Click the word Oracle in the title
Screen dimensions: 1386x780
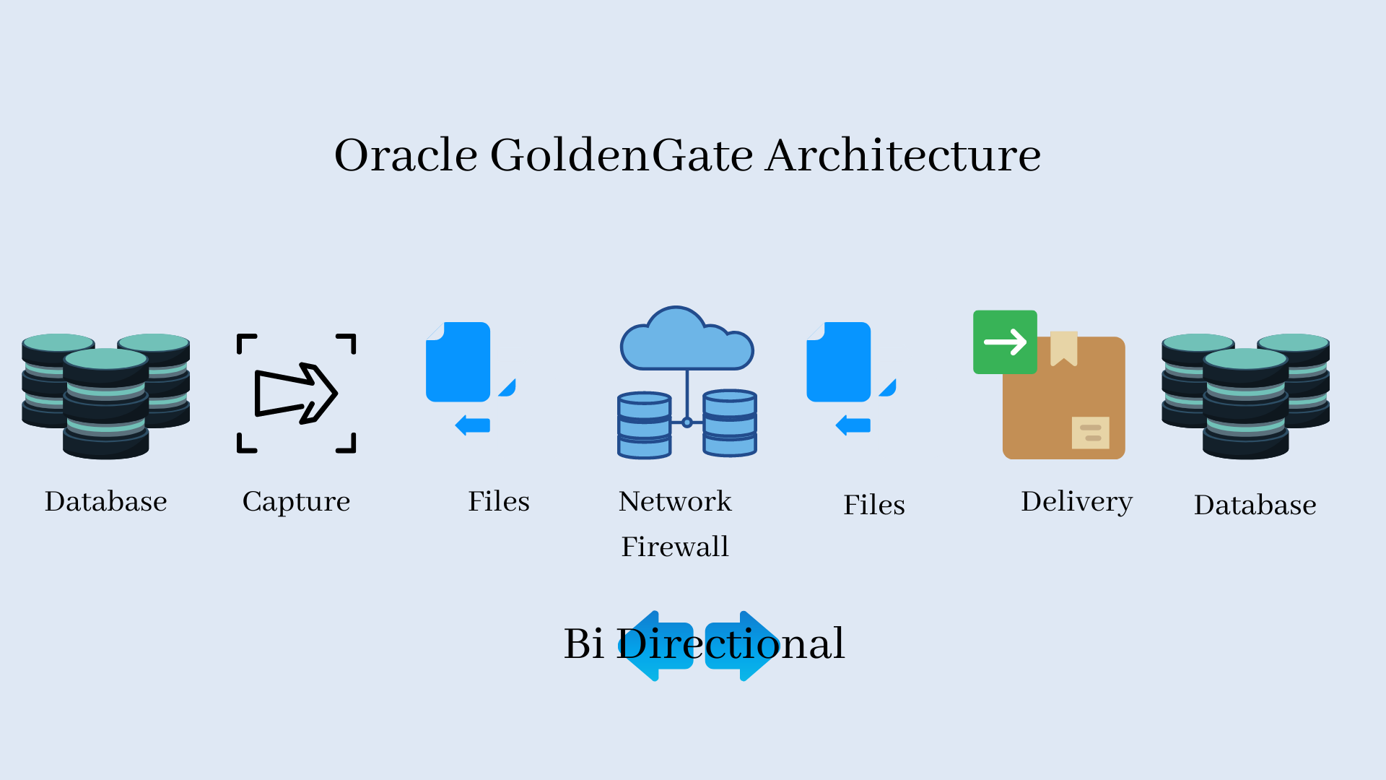(406, 155)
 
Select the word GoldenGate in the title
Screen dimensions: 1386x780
(622, 155)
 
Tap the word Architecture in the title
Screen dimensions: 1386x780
(903, 155)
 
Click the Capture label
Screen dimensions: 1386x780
(296, 502)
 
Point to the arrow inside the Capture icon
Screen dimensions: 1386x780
(295, 394)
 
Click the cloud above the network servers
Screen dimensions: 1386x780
(687, 339)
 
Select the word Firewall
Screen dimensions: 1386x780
(675, 547)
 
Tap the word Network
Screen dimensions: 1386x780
(675, 501)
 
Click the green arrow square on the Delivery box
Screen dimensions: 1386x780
(1005, 342)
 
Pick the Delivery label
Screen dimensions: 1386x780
(1076, 502)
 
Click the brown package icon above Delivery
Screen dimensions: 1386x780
(1063, 397)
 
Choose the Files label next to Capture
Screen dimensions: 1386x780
(499, 501)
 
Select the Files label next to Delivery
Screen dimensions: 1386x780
(874, 505)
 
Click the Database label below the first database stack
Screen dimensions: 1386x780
(106, 501)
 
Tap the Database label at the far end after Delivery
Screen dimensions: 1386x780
(1255, 505)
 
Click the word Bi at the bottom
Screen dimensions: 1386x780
(583, 643)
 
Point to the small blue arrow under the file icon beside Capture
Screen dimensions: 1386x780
(473, 425)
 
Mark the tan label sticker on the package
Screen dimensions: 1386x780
(1090, 433)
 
